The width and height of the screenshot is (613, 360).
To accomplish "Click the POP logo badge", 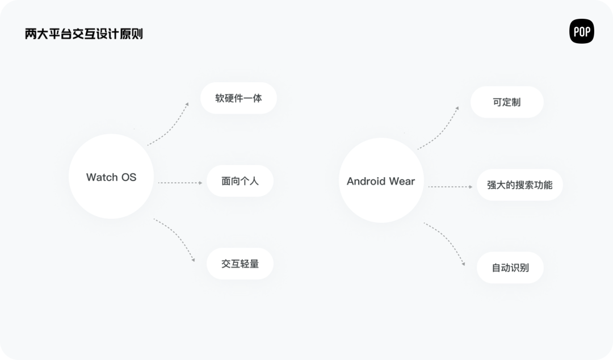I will point(581,31).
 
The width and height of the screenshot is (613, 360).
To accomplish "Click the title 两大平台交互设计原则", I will point(83,34).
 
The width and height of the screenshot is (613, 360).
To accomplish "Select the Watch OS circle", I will point(111,177).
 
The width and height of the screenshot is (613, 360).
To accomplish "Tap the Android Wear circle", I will point(381,181).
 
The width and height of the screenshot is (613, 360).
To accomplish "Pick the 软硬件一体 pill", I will point(238,98).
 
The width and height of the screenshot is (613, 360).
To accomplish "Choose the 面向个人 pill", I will point(240,181).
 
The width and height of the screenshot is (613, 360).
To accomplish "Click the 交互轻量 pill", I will point(240,263).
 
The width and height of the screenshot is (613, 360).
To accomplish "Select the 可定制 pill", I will point(507,103).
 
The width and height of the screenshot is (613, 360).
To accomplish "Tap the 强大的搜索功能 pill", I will point(519,185).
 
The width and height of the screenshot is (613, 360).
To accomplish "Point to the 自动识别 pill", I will point(510,267).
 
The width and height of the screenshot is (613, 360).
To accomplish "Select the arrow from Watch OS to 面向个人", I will point(179,183).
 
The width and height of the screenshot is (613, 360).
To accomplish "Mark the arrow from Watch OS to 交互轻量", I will point(176,238).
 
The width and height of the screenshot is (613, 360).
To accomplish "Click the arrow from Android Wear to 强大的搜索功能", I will point(450,186).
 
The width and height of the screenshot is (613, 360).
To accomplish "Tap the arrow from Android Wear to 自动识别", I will point(446,242).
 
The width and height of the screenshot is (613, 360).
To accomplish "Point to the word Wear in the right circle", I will point(402,181).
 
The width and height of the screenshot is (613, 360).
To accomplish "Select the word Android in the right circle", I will point(366,181).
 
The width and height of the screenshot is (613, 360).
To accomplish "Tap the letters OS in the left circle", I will point(129,177).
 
